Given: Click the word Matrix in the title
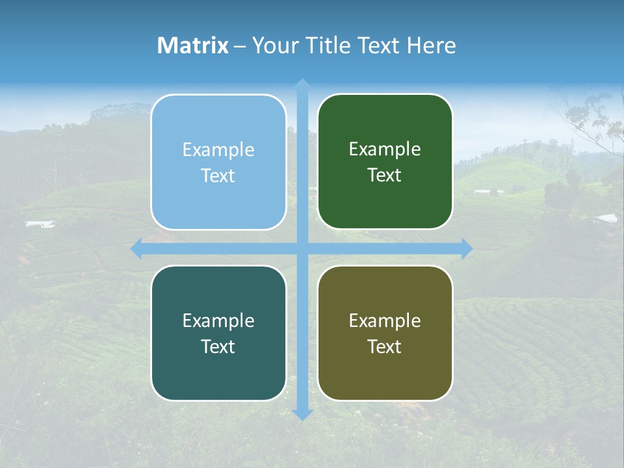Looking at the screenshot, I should pyautogui.click(x=193, y=45).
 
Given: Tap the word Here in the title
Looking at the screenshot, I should pyautogui.click(x=432, y=45).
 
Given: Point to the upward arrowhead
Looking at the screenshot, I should pyautogui.click(x=302, y=84).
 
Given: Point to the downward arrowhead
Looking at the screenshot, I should pyautogui.click(x=302, y=415).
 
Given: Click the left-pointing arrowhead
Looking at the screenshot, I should pyautogui.click(x=136, y=248).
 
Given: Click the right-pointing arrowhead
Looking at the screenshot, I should pyautogui.click(x=467, y=248).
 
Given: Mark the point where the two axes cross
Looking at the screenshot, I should pyautogui.click(x=302, y=248).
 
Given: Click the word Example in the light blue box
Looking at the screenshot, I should pyautogui.click(x=218, y=150).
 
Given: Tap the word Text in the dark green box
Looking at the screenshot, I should pyautogui.click(x=385, y=175).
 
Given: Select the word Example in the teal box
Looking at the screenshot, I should pyautogui.click(x=218, y=321).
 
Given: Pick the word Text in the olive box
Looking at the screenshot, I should pyautogui.click(x=385, y=347).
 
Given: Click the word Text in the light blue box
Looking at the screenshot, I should pyautogui.click(x=218, y=176).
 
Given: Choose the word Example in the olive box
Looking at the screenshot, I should pyautogui.click(x=385, y=321).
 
